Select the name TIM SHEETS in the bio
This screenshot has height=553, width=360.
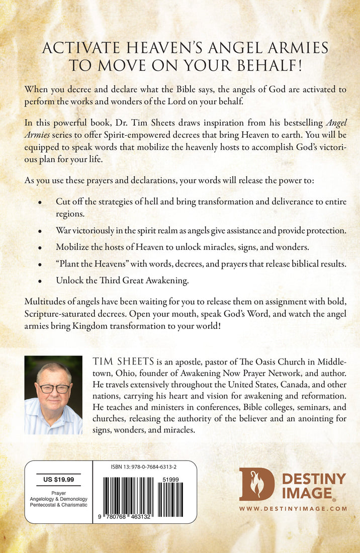[x=120, y=362]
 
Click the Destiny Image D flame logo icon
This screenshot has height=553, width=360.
[x=256, y=484]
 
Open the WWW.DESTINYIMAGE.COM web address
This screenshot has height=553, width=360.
[x=293, y=509]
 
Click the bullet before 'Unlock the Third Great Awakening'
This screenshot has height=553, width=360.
[x=40, y=282]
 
